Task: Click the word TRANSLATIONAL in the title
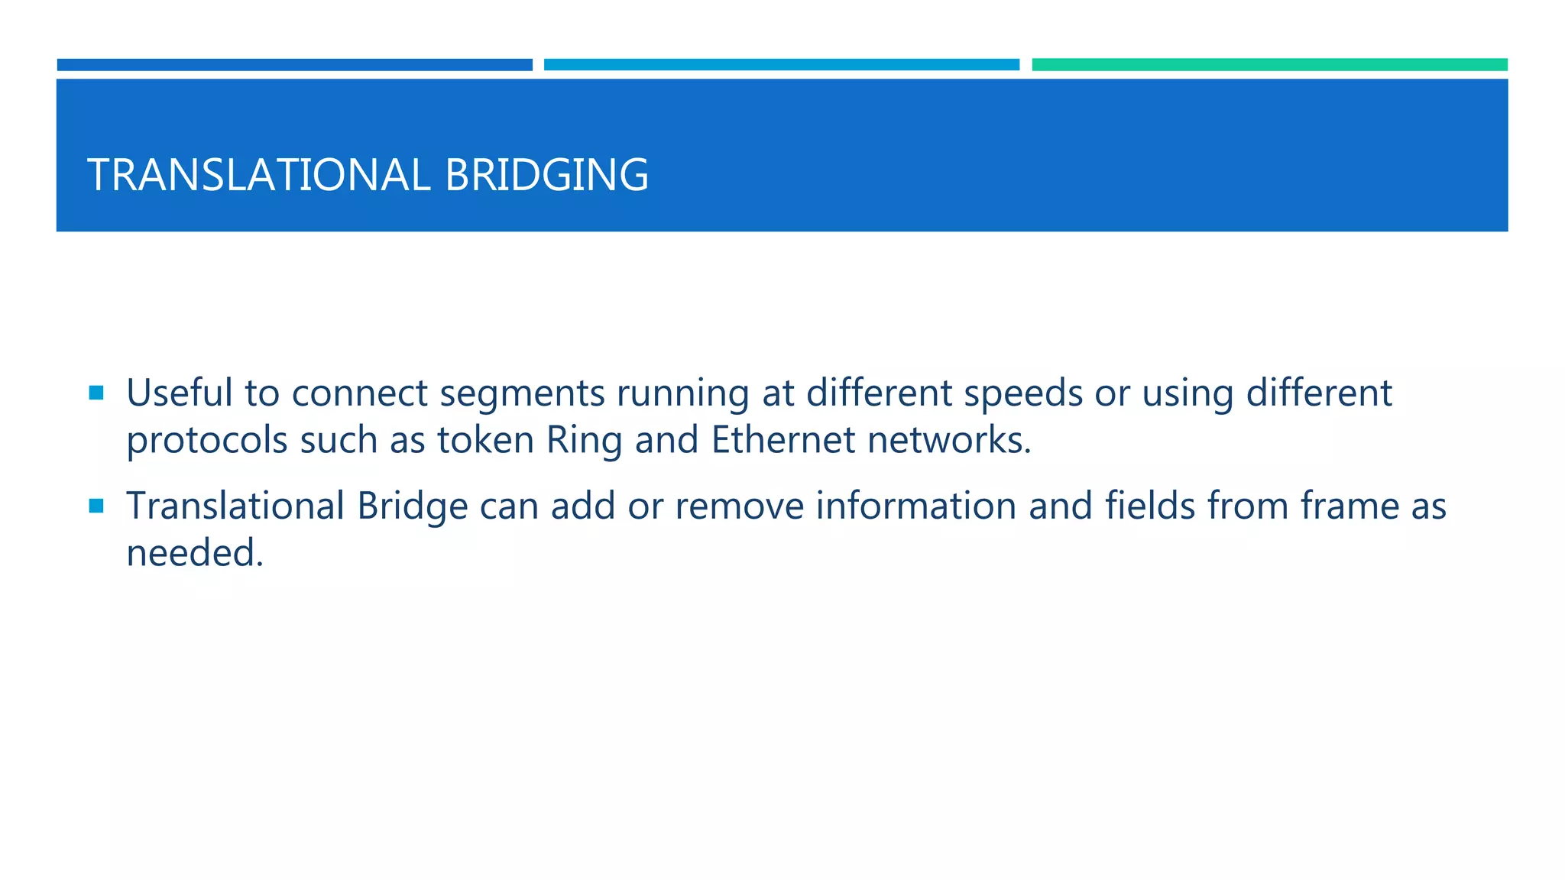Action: click(x=258, y=175)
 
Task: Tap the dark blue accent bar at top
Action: click(x=294, y=65)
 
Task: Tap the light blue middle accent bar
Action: click(x=781, y=65)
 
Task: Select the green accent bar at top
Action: click(x=1269, y=65)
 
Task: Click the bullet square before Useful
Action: click(x=96, y=393)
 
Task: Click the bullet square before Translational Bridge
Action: click(x=96, y=506)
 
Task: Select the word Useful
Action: click(x=179, y=393)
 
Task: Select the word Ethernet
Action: click(x=782, y=440)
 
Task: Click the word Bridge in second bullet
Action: click(x=412, y=507)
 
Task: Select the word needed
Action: click(x=194, y=553)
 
